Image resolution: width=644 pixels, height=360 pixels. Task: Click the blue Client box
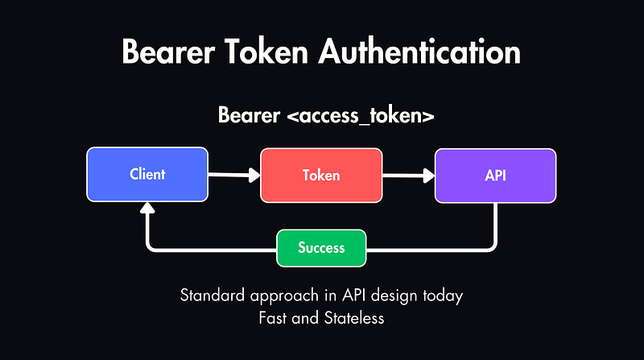tap(147, 174)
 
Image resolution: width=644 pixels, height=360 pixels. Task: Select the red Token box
tap(320, 175)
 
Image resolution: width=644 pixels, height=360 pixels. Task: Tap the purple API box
tap(495, 175)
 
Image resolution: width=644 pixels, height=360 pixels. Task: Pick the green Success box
tap(321, 247)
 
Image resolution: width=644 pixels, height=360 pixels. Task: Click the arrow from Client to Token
tap(234, 174)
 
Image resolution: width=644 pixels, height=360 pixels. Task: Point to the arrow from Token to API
tap(408, 174)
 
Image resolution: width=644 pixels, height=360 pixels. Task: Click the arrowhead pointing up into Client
tap(147, 208)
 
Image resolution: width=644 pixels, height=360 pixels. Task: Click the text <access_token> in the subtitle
tap(361, 115)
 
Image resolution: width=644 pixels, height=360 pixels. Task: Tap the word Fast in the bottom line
tap(273, 317)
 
